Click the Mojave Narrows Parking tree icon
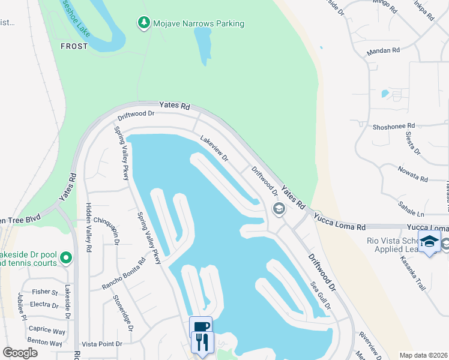[143, 23]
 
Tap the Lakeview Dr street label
[214, 148]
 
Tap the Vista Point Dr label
[101, 344]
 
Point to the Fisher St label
[46, 293]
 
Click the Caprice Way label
[47, 331]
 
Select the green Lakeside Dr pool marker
[65, 259]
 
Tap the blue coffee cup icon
[200, 327]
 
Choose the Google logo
[20, 353]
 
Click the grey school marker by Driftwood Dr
[278, 209]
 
